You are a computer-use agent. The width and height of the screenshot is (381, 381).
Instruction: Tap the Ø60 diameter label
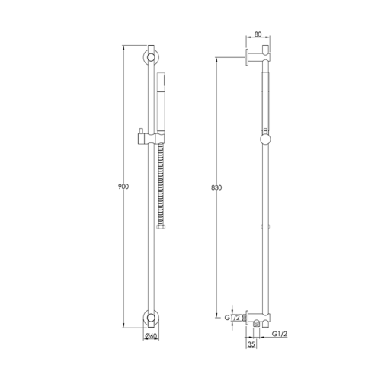pyautogui.click(x=152, y=336)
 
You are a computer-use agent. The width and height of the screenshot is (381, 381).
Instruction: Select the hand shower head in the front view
pyautogui.click(x=160, y=99)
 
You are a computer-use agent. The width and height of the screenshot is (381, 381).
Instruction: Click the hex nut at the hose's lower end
pyautogui.click(x=160, y=226)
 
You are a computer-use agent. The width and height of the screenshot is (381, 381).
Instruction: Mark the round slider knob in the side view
pyautogui.click(x=264, y=138)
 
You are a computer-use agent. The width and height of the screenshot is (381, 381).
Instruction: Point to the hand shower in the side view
pyautogui.click(x=264, y=99)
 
